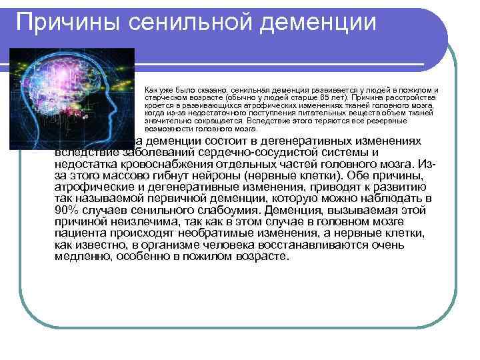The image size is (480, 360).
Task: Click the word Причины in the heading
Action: (57, 23)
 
